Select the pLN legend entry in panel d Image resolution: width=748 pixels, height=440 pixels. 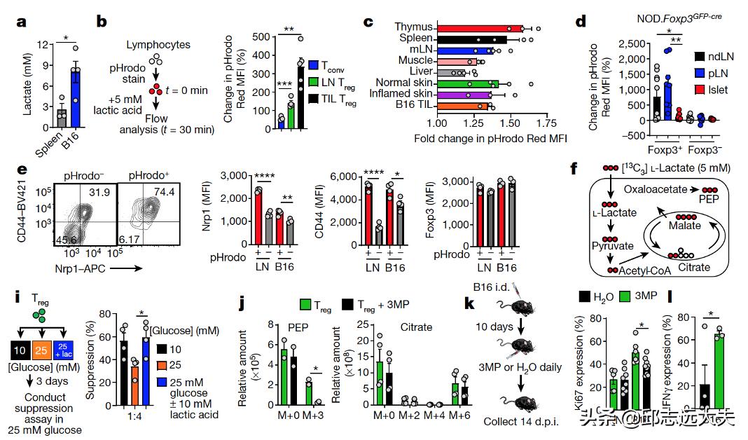click(712, 72)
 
